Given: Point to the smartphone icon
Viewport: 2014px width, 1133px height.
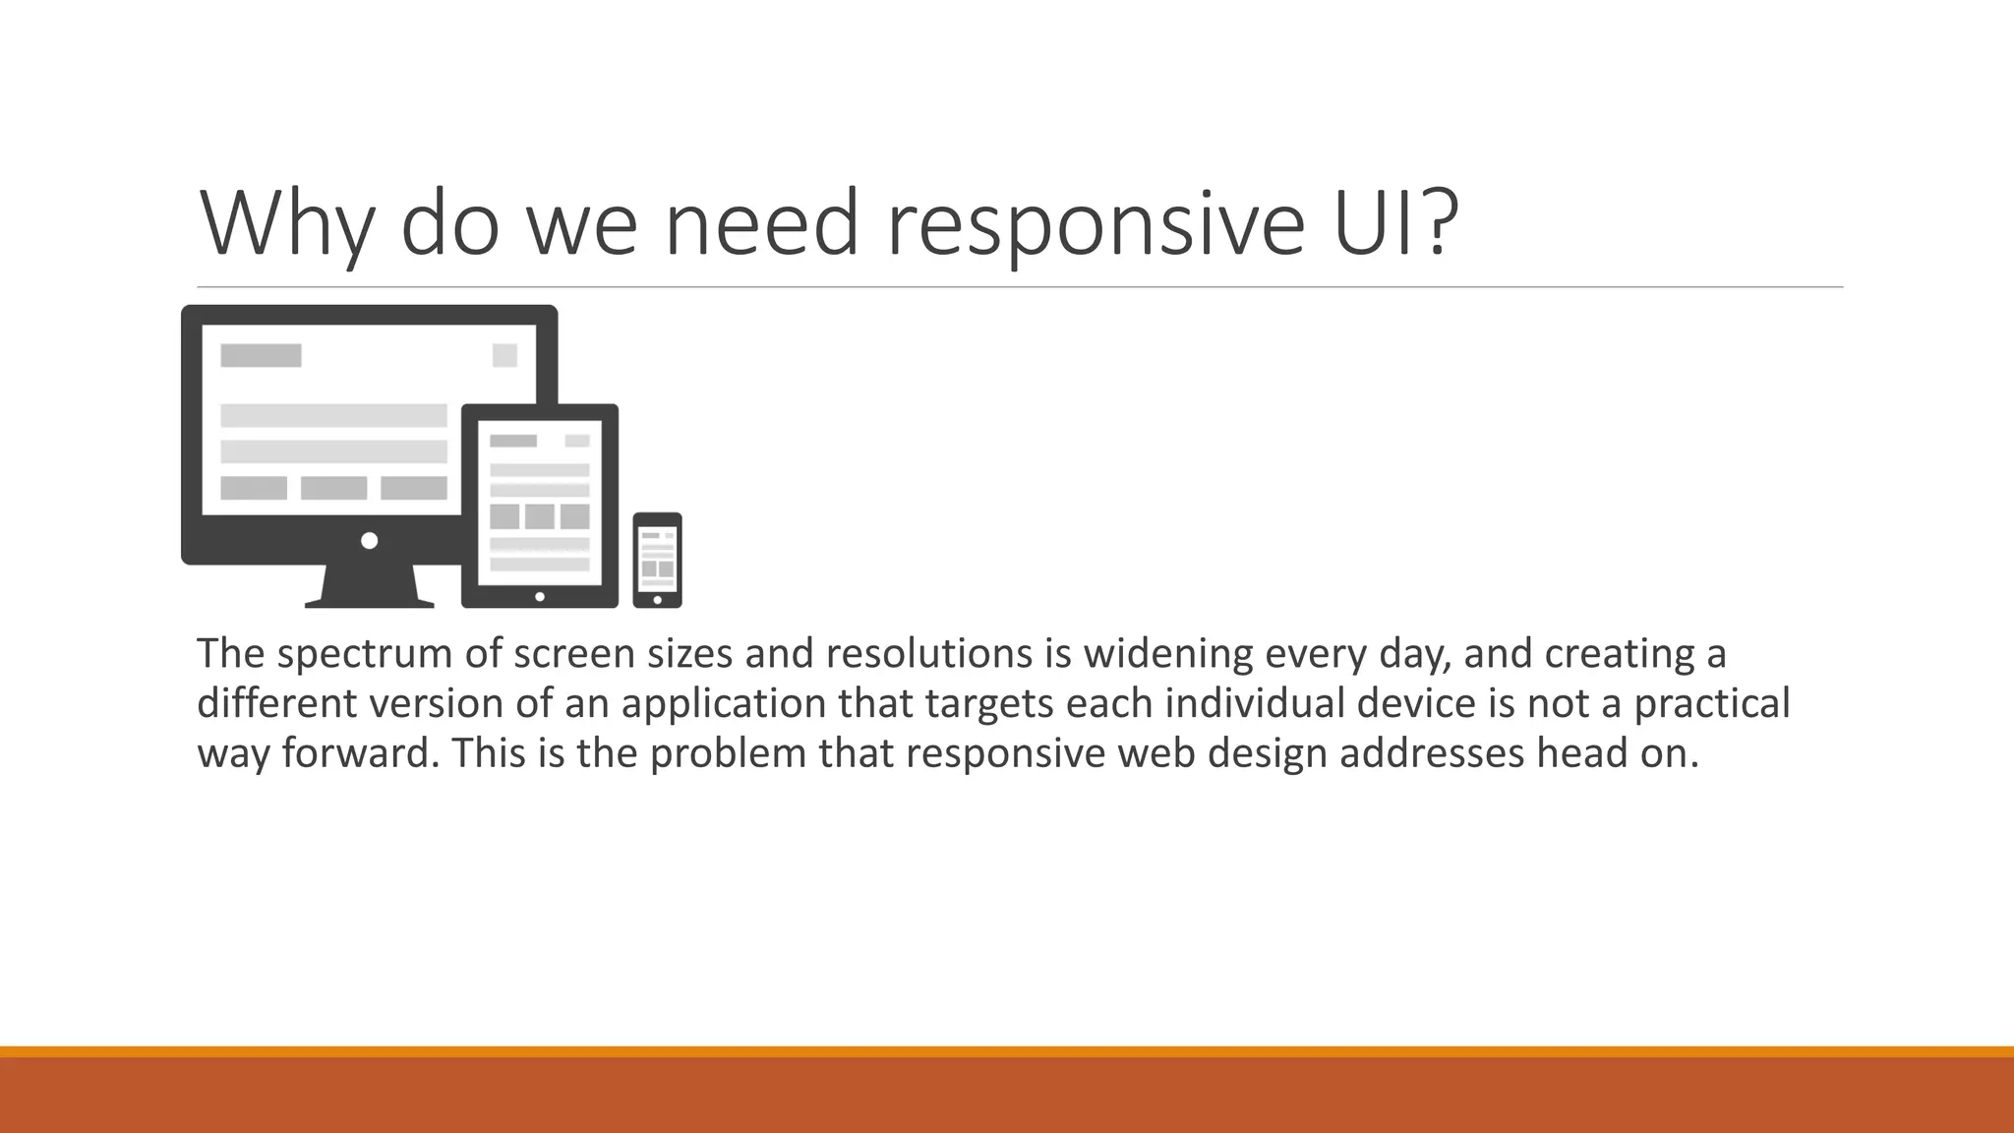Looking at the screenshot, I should [657, 560].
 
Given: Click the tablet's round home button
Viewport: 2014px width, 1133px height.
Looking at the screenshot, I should [539, 597].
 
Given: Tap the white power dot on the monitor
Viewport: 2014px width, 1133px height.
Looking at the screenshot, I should [370, 541].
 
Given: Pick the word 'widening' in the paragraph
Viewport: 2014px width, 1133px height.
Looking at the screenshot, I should [1167, 654].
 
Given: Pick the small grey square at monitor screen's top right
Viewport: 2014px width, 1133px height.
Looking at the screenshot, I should [504, 355].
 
